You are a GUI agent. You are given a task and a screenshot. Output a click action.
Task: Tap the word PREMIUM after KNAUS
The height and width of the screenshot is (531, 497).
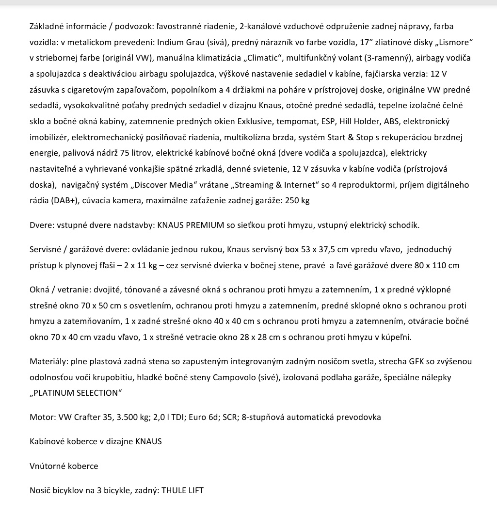pyautogui.click(x=205, y=225)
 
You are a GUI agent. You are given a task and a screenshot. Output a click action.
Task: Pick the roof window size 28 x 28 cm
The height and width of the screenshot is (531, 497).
pyautogui.click(x=263, y=338)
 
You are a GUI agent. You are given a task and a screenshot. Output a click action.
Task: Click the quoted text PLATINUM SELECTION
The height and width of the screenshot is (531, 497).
pyautogui.click(x=76, y=393)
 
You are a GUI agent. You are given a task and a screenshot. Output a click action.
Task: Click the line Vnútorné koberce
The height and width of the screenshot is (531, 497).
pyautogui.click(x=64, y=466)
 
